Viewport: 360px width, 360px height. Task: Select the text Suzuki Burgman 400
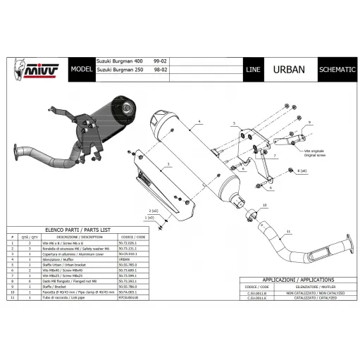pyautogui.click(x=120, y=63)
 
